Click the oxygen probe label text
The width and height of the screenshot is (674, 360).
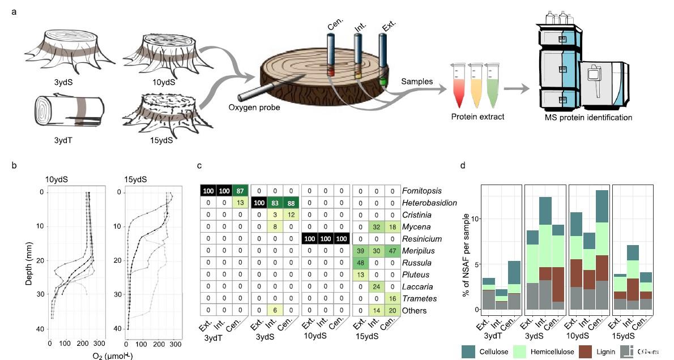pyautogui.click(x=254, y=107)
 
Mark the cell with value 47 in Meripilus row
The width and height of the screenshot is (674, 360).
pyautogui.click(x=392, y=251)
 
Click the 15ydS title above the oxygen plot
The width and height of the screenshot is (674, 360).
pyautogui.click(x=135, y=179)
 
